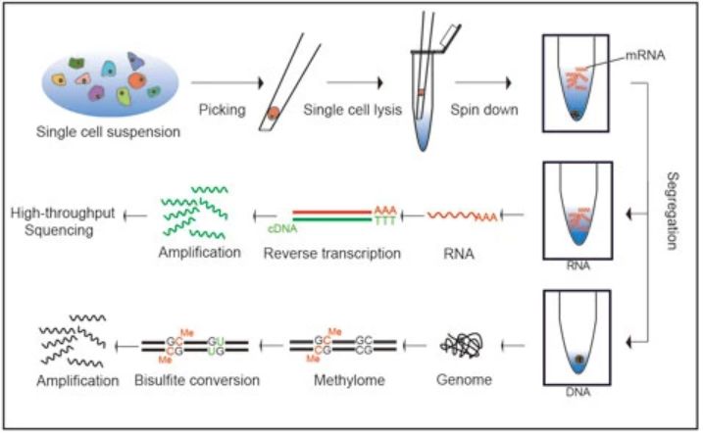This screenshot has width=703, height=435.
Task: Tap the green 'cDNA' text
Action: pos(281,226)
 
